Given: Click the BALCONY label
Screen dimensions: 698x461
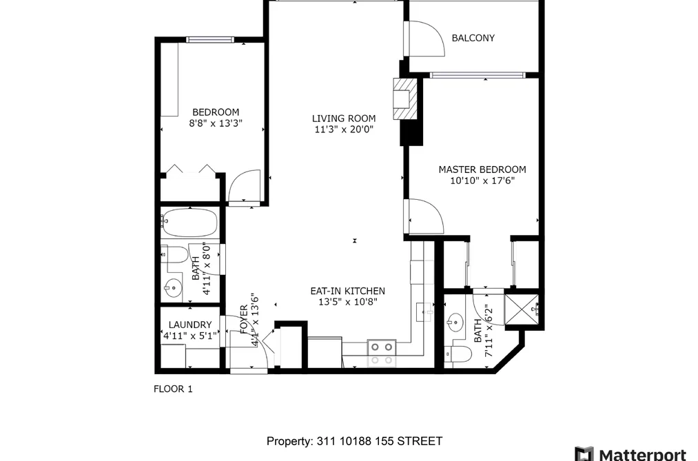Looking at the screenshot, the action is point(473,38).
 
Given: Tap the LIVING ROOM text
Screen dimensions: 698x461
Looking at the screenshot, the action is point(343,119).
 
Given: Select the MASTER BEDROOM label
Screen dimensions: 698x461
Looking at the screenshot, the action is point(482,170).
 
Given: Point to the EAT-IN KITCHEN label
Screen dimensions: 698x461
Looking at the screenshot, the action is point(348,291).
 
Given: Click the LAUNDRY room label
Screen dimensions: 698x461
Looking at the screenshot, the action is point(190,325).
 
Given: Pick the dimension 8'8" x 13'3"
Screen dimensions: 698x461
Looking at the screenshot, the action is point(216,123).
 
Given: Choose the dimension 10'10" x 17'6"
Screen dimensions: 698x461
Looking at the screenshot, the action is point(482,181).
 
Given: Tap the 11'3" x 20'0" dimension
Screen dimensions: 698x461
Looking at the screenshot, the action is point(343,130).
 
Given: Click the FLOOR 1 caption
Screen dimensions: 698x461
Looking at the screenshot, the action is point(173,389).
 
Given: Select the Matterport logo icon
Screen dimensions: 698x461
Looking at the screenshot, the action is point(584,454).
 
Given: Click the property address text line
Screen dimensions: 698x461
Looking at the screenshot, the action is point(354,441).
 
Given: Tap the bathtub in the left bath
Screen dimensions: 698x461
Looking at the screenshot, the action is point(189,223).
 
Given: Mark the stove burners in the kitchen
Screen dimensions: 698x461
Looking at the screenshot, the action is point(382,354).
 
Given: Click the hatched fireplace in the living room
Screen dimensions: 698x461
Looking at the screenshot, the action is point(404,99).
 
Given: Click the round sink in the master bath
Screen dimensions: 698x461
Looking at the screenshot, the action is point(455,321).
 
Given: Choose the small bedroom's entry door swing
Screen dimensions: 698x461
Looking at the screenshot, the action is point(244,187).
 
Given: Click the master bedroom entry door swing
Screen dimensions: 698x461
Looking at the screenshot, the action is point(426,216).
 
